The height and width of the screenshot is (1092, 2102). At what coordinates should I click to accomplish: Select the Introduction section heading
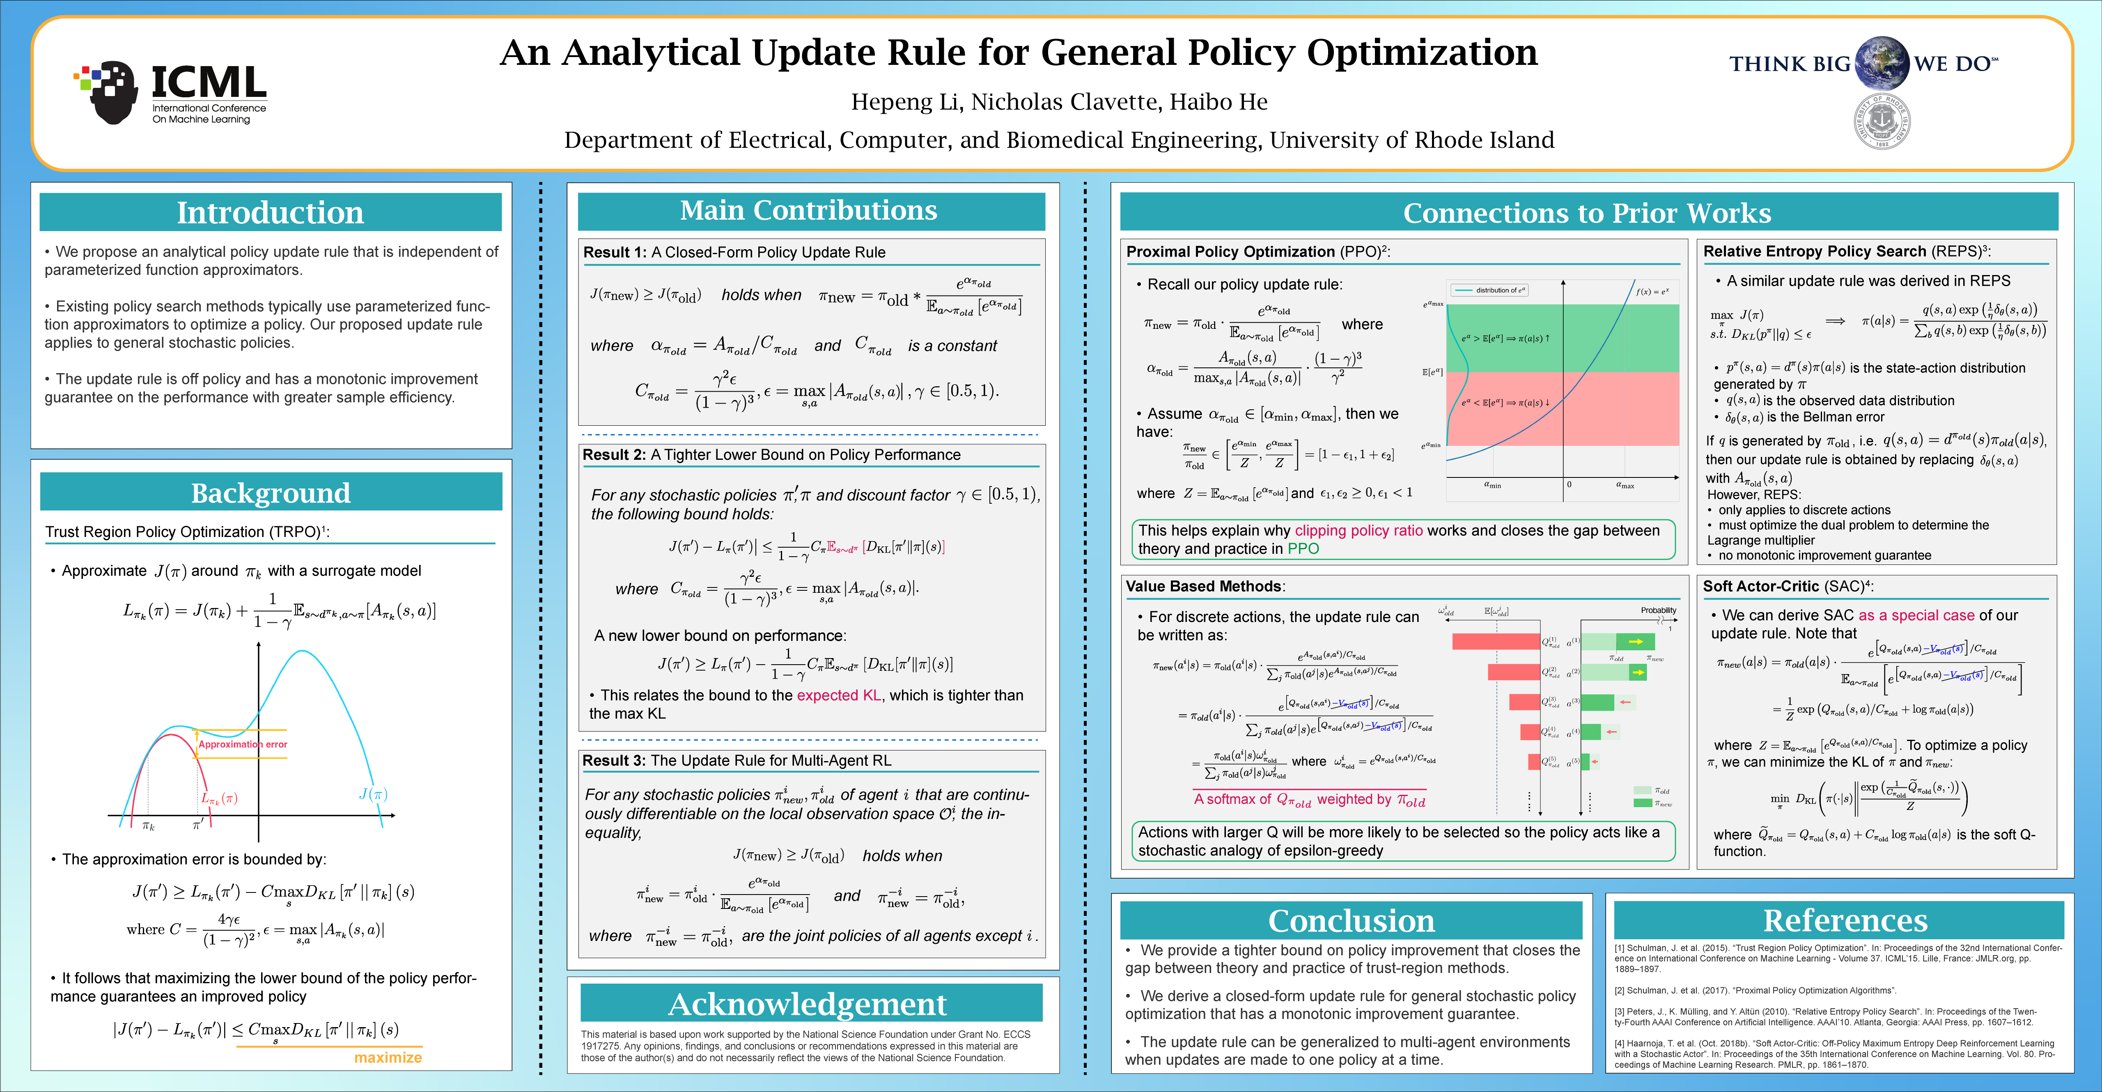[x=270, y=212]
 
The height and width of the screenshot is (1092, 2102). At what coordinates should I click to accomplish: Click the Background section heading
[x=270, y=493]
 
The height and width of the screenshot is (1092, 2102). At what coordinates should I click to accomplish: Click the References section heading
[x=1845, y=920]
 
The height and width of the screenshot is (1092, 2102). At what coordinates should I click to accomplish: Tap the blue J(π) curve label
[x=373, y=793]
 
